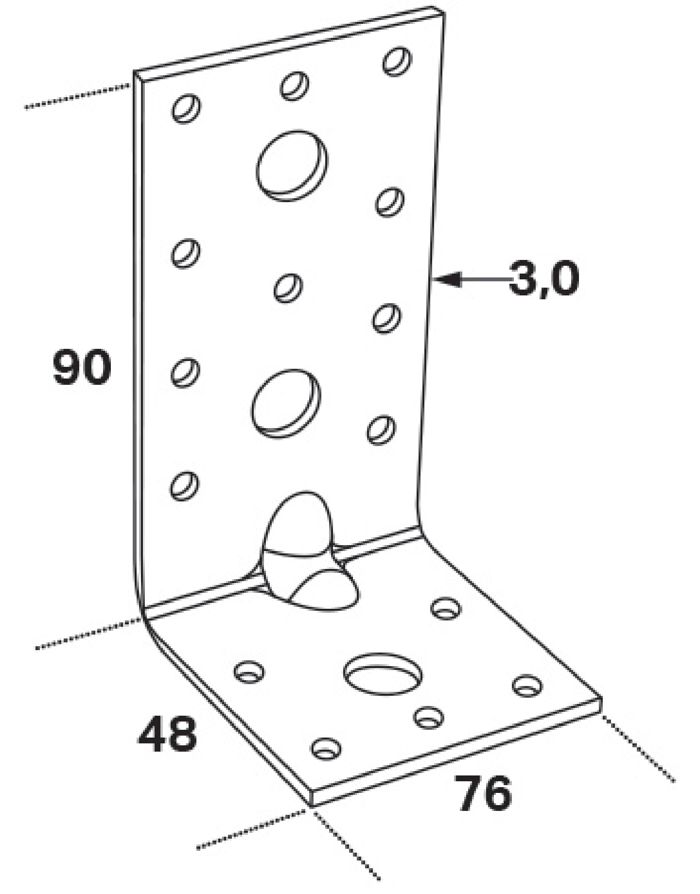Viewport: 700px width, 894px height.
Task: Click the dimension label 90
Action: pos(82,366)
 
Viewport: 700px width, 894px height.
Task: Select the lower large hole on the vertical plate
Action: pos(286,403)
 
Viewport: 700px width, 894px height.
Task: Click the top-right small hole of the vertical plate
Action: pos(397,61)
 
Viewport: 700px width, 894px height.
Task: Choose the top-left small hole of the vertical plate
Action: pos(186,108)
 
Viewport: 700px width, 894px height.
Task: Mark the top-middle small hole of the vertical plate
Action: pos(294,86)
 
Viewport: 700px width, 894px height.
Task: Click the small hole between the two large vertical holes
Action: pos(288,288)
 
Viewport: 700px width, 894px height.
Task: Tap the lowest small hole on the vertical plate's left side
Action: pos(184,485)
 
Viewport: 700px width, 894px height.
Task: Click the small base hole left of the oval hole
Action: pos(249,672)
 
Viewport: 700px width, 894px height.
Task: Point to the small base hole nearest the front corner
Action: pos(326,748)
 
